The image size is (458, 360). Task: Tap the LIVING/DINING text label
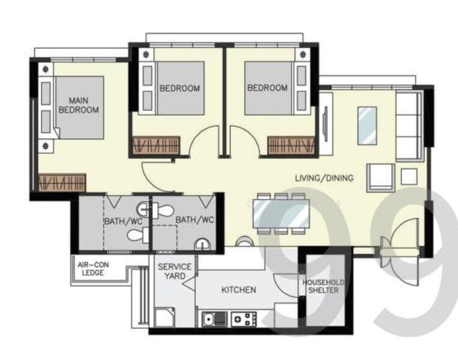pyautogui.click(x=324, y=178)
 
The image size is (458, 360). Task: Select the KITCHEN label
pyautogui.click(x=238, y=290)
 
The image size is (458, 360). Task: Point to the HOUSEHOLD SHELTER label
pyautogui.click(x=323, y=286)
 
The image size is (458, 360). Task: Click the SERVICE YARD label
pyautogui.click(x=174, y=271)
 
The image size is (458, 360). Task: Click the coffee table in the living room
pyautogui.click(x=367, y=125)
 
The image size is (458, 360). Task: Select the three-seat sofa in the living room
pyautogui.click(x=409, y=127)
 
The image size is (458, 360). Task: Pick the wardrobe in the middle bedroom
pyautogui.click(x=156, y=145)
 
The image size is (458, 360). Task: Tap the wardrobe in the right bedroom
pyautogui.click(x=292, y=145)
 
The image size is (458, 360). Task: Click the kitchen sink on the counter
pyautogui.click(x=214, y=318)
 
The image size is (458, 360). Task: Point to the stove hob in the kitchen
pyautogui.click(x=244, y=318)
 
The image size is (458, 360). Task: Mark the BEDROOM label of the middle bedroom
pyautogui.click(x=179, y=88)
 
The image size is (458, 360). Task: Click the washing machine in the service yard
pyautogui.click(x=164, y=316)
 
